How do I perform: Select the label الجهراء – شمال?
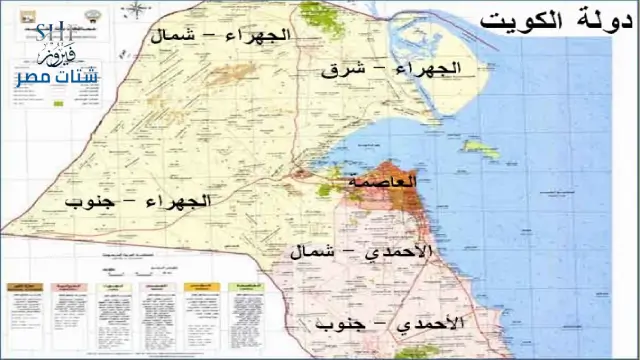pos(220,36)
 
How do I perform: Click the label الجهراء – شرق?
pos(391,69)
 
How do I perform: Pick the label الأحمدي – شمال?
pos(362,252)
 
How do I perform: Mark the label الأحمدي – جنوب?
pos(390,325)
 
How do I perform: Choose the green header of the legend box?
pos(245,286)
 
